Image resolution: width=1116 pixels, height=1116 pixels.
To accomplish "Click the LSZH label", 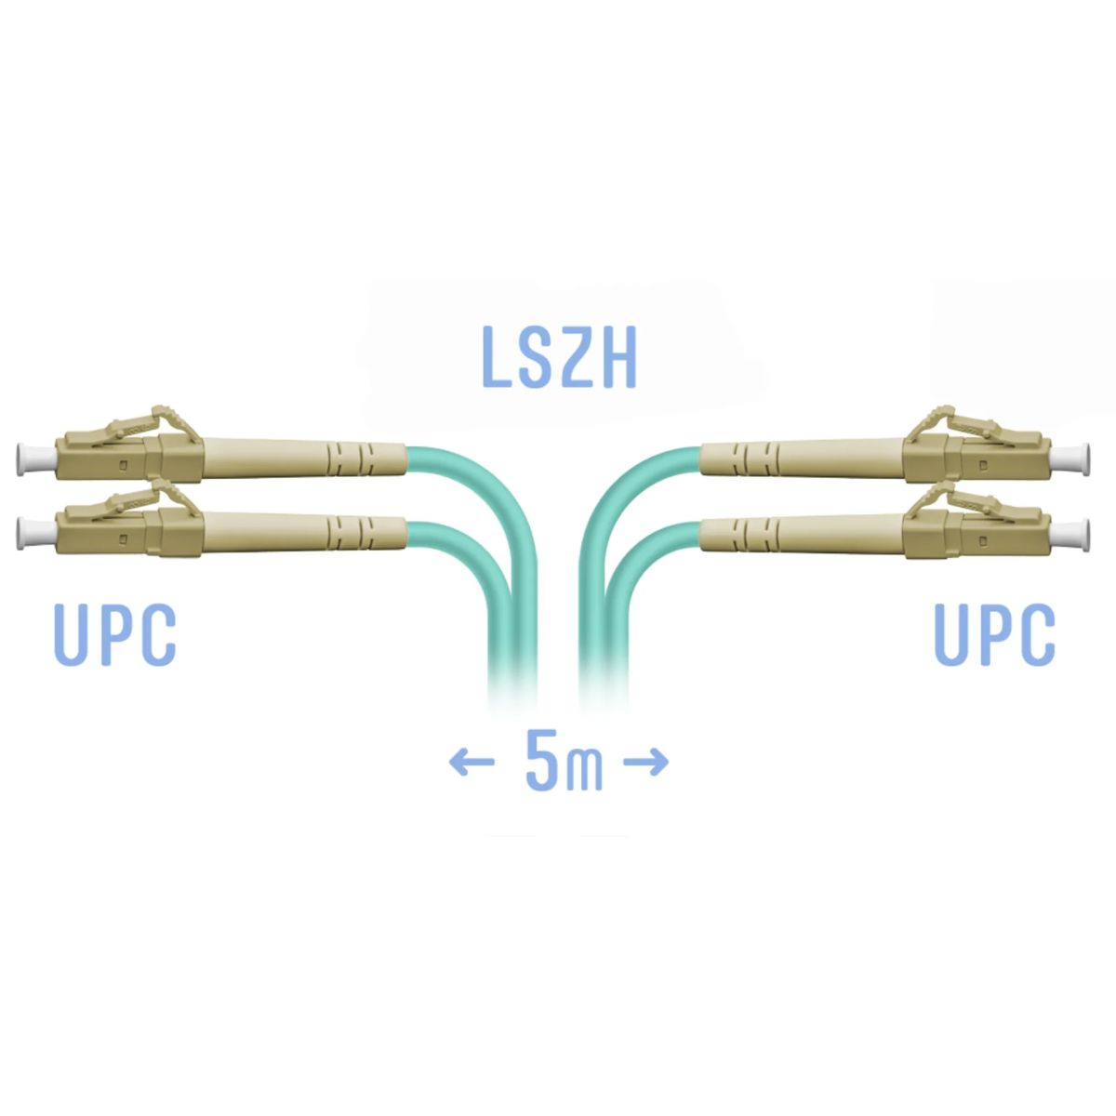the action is (x=559, y=357).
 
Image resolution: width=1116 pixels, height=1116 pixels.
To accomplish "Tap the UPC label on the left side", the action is (x=115, y=634).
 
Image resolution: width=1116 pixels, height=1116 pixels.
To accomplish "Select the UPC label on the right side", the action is (x=994, y=634).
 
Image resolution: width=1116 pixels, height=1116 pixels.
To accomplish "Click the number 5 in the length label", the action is (x=541, y=759).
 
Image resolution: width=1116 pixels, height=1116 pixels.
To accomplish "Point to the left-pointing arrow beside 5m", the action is (x=472, y=762).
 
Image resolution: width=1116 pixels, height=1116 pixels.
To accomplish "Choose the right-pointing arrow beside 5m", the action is (x=645, y=762).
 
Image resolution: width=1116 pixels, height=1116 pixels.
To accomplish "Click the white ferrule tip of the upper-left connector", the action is (x=36, y=458).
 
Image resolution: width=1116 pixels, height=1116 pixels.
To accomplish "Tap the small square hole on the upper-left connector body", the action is (x=122, y=464).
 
